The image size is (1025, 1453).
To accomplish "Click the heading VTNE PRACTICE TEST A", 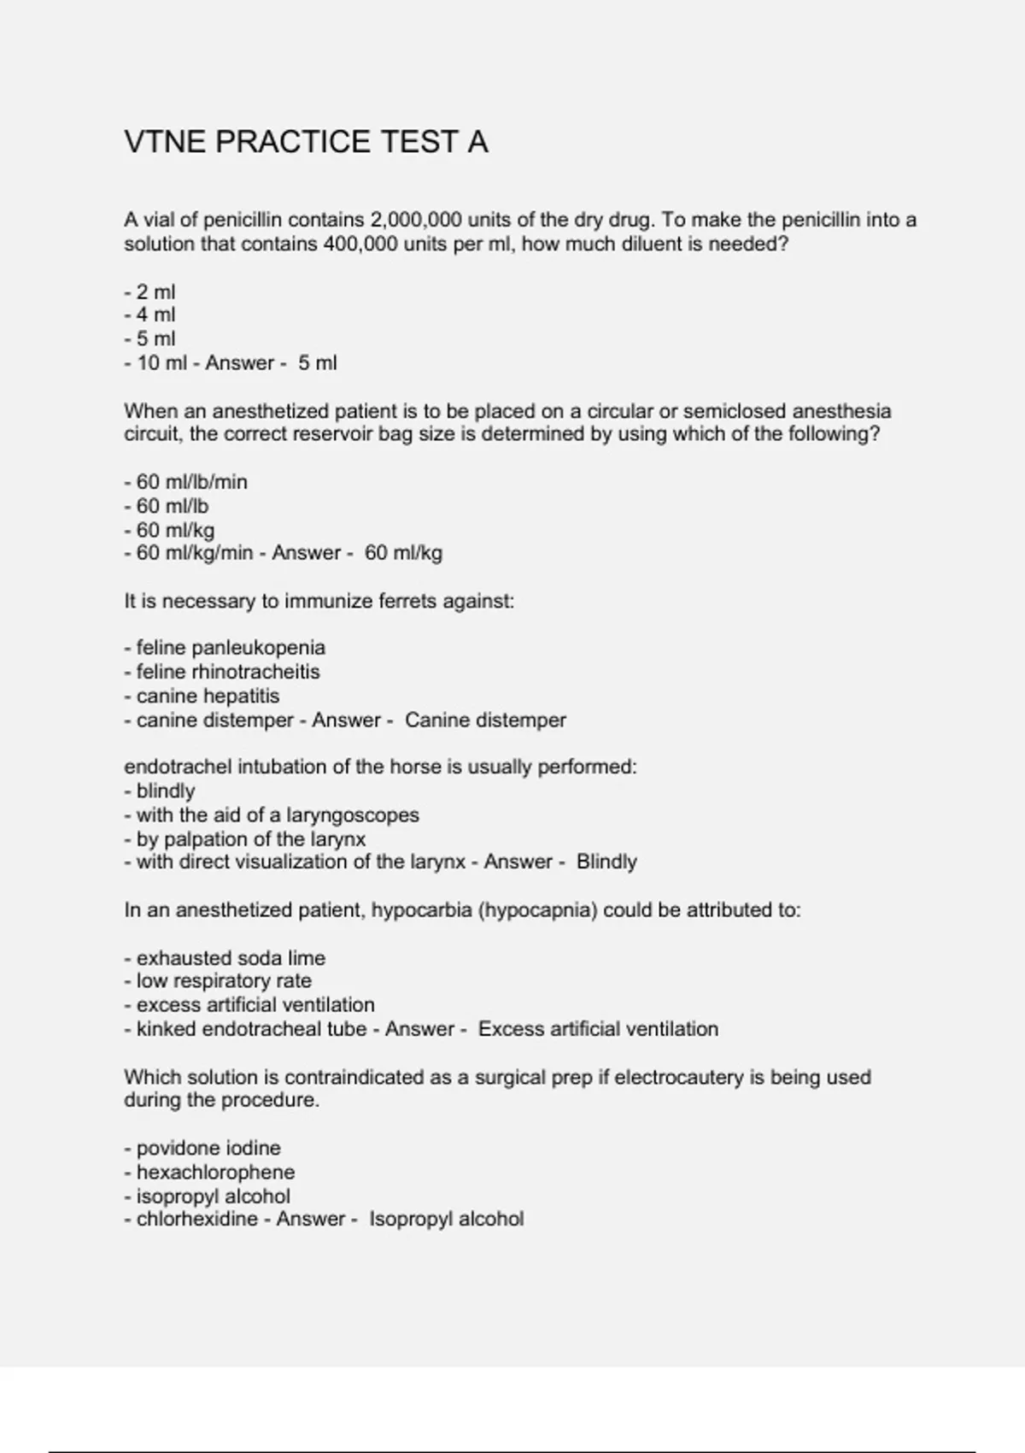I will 306,142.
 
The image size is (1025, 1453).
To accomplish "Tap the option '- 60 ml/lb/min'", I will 186,482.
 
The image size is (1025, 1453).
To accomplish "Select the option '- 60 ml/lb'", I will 167,506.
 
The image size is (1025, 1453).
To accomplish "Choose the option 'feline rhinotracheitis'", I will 228,672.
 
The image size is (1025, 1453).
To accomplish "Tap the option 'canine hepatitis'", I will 208,696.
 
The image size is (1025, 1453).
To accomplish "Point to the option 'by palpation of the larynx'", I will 245,839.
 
